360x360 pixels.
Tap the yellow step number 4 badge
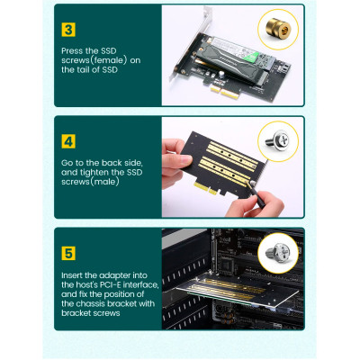(x=67, y=142)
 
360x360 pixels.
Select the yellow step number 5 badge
(x=67, y=254)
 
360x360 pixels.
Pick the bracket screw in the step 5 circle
(x=278, y=253)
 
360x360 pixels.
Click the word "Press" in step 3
(x=73, y=52)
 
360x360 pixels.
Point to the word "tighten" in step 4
(x=95, y=171)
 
